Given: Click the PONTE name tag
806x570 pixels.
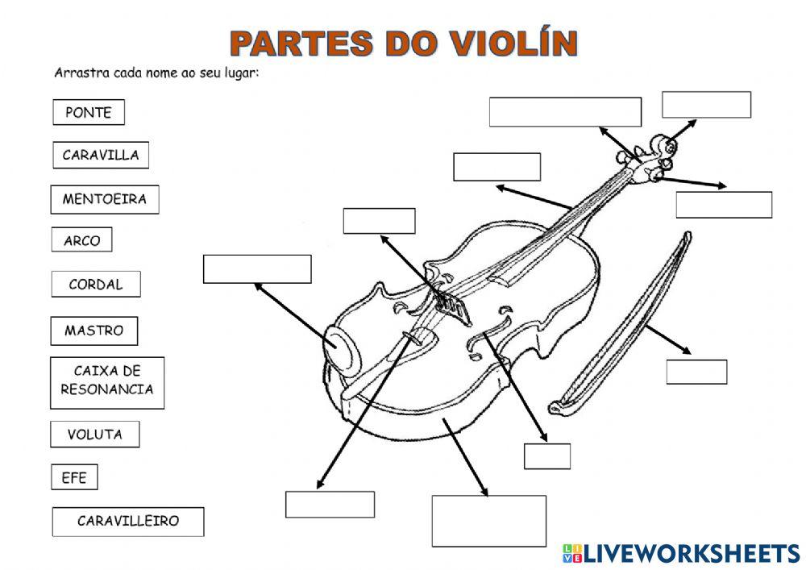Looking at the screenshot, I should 89,113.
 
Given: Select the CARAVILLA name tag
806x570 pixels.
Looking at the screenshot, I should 101,156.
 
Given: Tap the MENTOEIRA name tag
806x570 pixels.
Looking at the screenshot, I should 105,199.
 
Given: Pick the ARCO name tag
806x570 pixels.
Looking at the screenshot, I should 81,240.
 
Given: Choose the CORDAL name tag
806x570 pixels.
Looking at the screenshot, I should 95,284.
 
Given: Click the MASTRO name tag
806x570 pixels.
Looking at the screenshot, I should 94,331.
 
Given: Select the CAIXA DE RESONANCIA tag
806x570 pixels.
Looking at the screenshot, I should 107,381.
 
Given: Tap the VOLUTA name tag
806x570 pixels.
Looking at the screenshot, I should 94,435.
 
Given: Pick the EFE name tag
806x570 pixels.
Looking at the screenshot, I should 74,478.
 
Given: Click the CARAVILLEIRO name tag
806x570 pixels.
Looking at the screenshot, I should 128,522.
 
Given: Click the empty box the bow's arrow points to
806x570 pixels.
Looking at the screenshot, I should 696,372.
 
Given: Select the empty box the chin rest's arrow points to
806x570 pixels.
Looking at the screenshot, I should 257,269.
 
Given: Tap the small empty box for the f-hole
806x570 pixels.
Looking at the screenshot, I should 546,456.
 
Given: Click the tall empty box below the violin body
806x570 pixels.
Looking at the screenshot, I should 488,521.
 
